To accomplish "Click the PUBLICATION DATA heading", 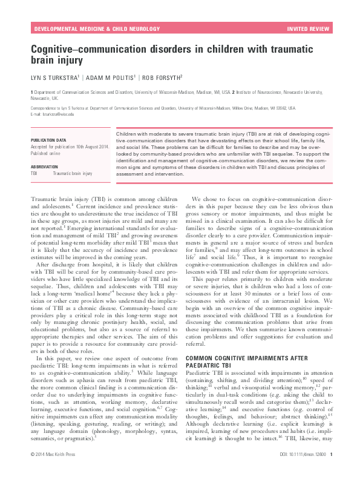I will (x=48, y=140).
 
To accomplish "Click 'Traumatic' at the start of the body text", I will (x=44, y=199).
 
